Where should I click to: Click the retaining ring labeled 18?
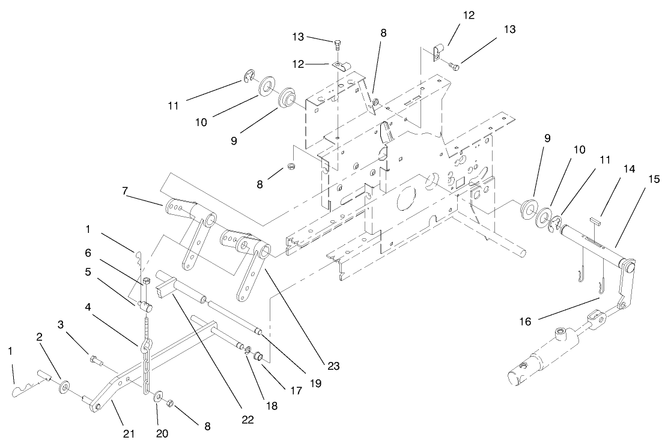coord(249,351)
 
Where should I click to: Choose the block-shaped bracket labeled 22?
coord(168,290)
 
